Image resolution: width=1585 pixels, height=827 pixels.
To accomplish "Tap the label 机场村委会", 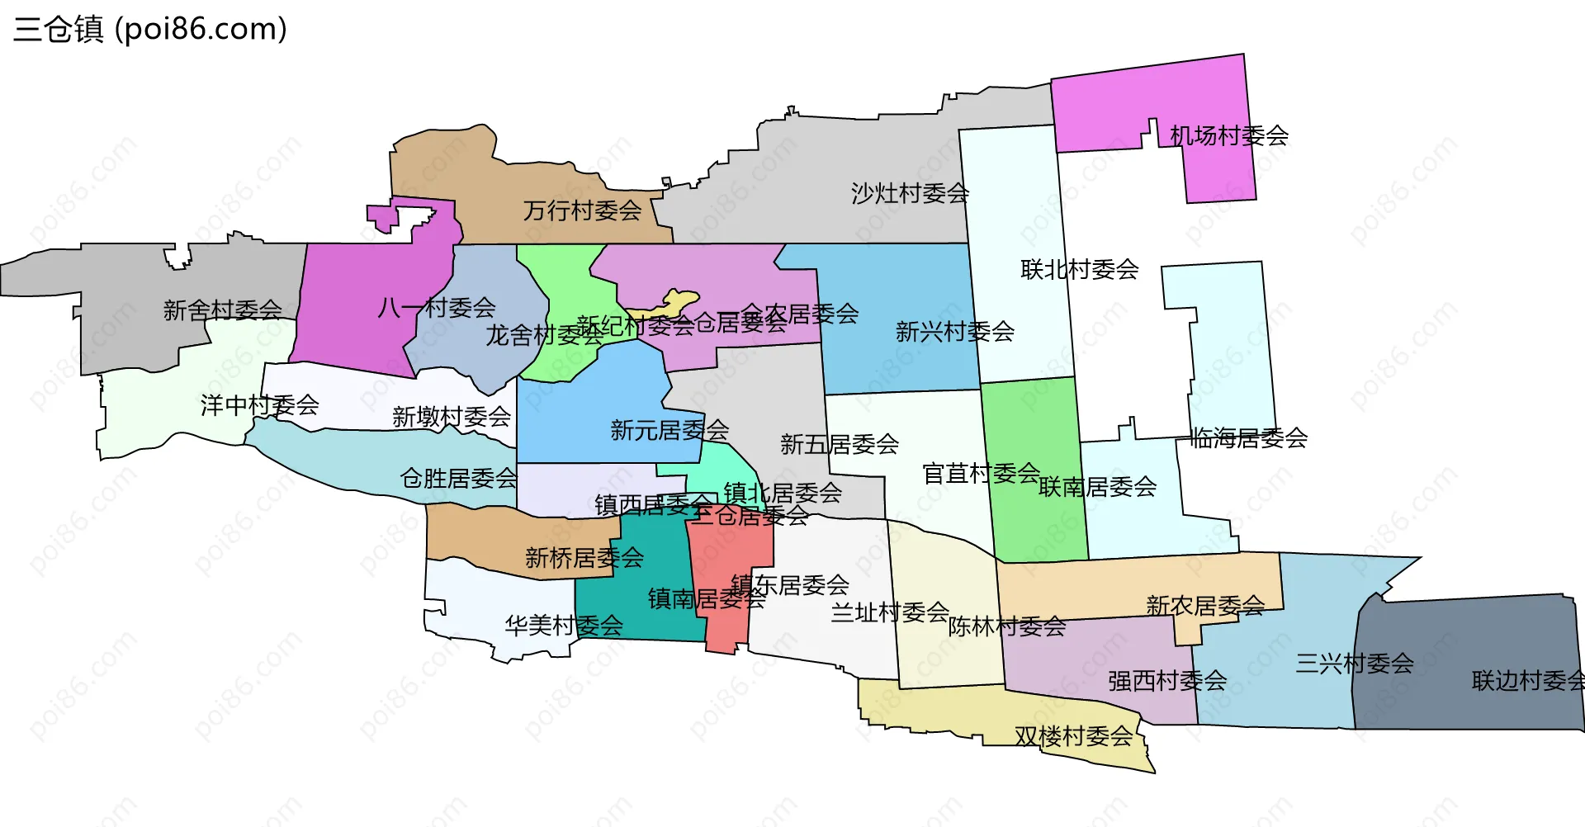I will point(1229,135).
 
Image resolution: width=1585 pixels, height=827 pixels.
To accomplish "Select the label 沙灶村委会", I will point(910,193).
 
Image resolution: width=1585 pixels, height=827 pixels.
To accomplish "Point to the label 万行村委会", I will point(582,210).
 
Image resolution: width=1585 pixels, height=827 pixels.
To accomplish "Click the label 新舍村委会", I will point(222,310).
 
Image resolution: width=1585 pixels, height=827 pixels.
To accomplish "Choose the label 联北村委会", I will point(1079,269).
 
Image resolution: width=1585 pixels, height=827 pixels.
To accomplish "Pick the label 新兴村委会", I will point(954,332).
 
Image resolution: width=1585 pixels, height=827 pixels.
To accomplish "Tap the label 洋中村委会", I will point(259,405).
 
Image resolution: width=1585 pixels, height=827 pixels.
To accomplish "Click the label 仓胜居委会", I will point(458,478).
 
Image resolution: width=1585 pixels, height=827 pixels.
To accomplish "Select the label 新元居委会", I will point(669,430).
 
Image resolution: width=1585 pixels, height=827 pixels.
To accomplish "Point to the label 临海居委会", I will point(1248,438).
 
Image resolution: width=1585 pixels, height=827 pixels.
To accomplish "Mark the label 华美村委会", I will point(564,626).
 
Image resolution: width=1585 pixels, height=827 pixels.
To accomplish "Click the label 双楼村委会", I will point(1073,736).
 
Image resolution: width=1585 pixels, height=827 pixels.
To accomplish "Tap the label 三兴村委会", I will point(1354,663).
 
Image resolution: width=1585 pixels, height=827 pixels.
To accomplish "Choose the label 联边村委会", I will point(1527,681).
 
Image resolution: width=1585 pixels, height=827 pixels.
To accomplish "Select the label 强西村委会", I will point(1166,681).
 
